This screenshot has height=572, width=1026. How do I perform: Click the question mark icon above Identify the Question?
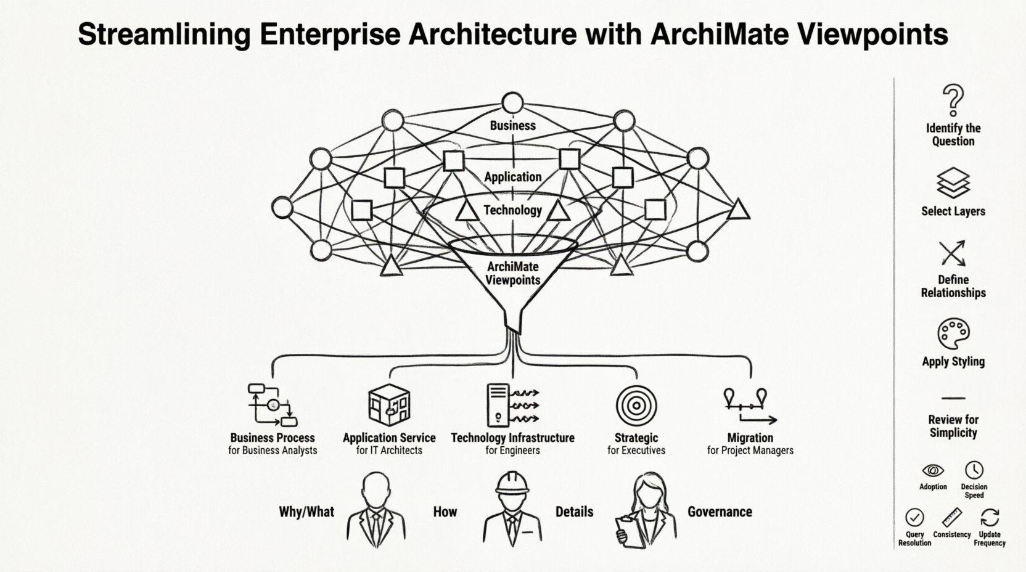953,100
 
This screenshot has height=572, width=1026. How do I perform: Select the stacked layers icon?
953,182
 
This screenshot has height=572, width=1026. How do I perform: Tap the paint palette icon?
953,334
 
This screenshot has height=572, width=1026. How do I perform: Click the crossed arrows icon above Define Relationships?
953,253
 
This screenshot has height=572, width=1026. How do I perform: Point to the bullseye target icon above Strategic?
636,406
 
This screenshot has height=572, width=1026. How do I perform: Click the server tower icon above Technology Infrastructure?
498,405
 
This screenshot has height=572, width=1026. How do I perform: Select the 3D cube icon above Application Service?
388,405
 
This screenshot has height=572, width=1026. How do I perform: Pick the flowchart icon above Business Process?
272,405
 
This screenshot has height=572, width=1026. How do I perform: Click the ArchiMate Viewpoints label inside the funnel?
512,273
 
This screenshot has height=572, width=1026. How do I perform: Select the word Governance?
720,512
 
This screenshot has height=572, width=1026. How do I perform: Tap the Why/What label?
306,512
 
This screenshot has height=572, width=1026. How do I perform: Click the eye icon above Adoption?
932,470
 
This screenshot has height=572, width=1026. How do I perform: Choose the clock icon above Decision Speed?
974,470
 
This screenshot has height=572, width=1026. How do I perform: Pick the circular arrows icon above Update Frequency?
990,517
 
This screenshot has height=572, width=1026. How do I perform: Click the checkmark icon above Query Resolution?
914,517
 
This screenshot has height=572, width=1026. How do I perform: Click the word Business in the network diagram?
512,125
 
